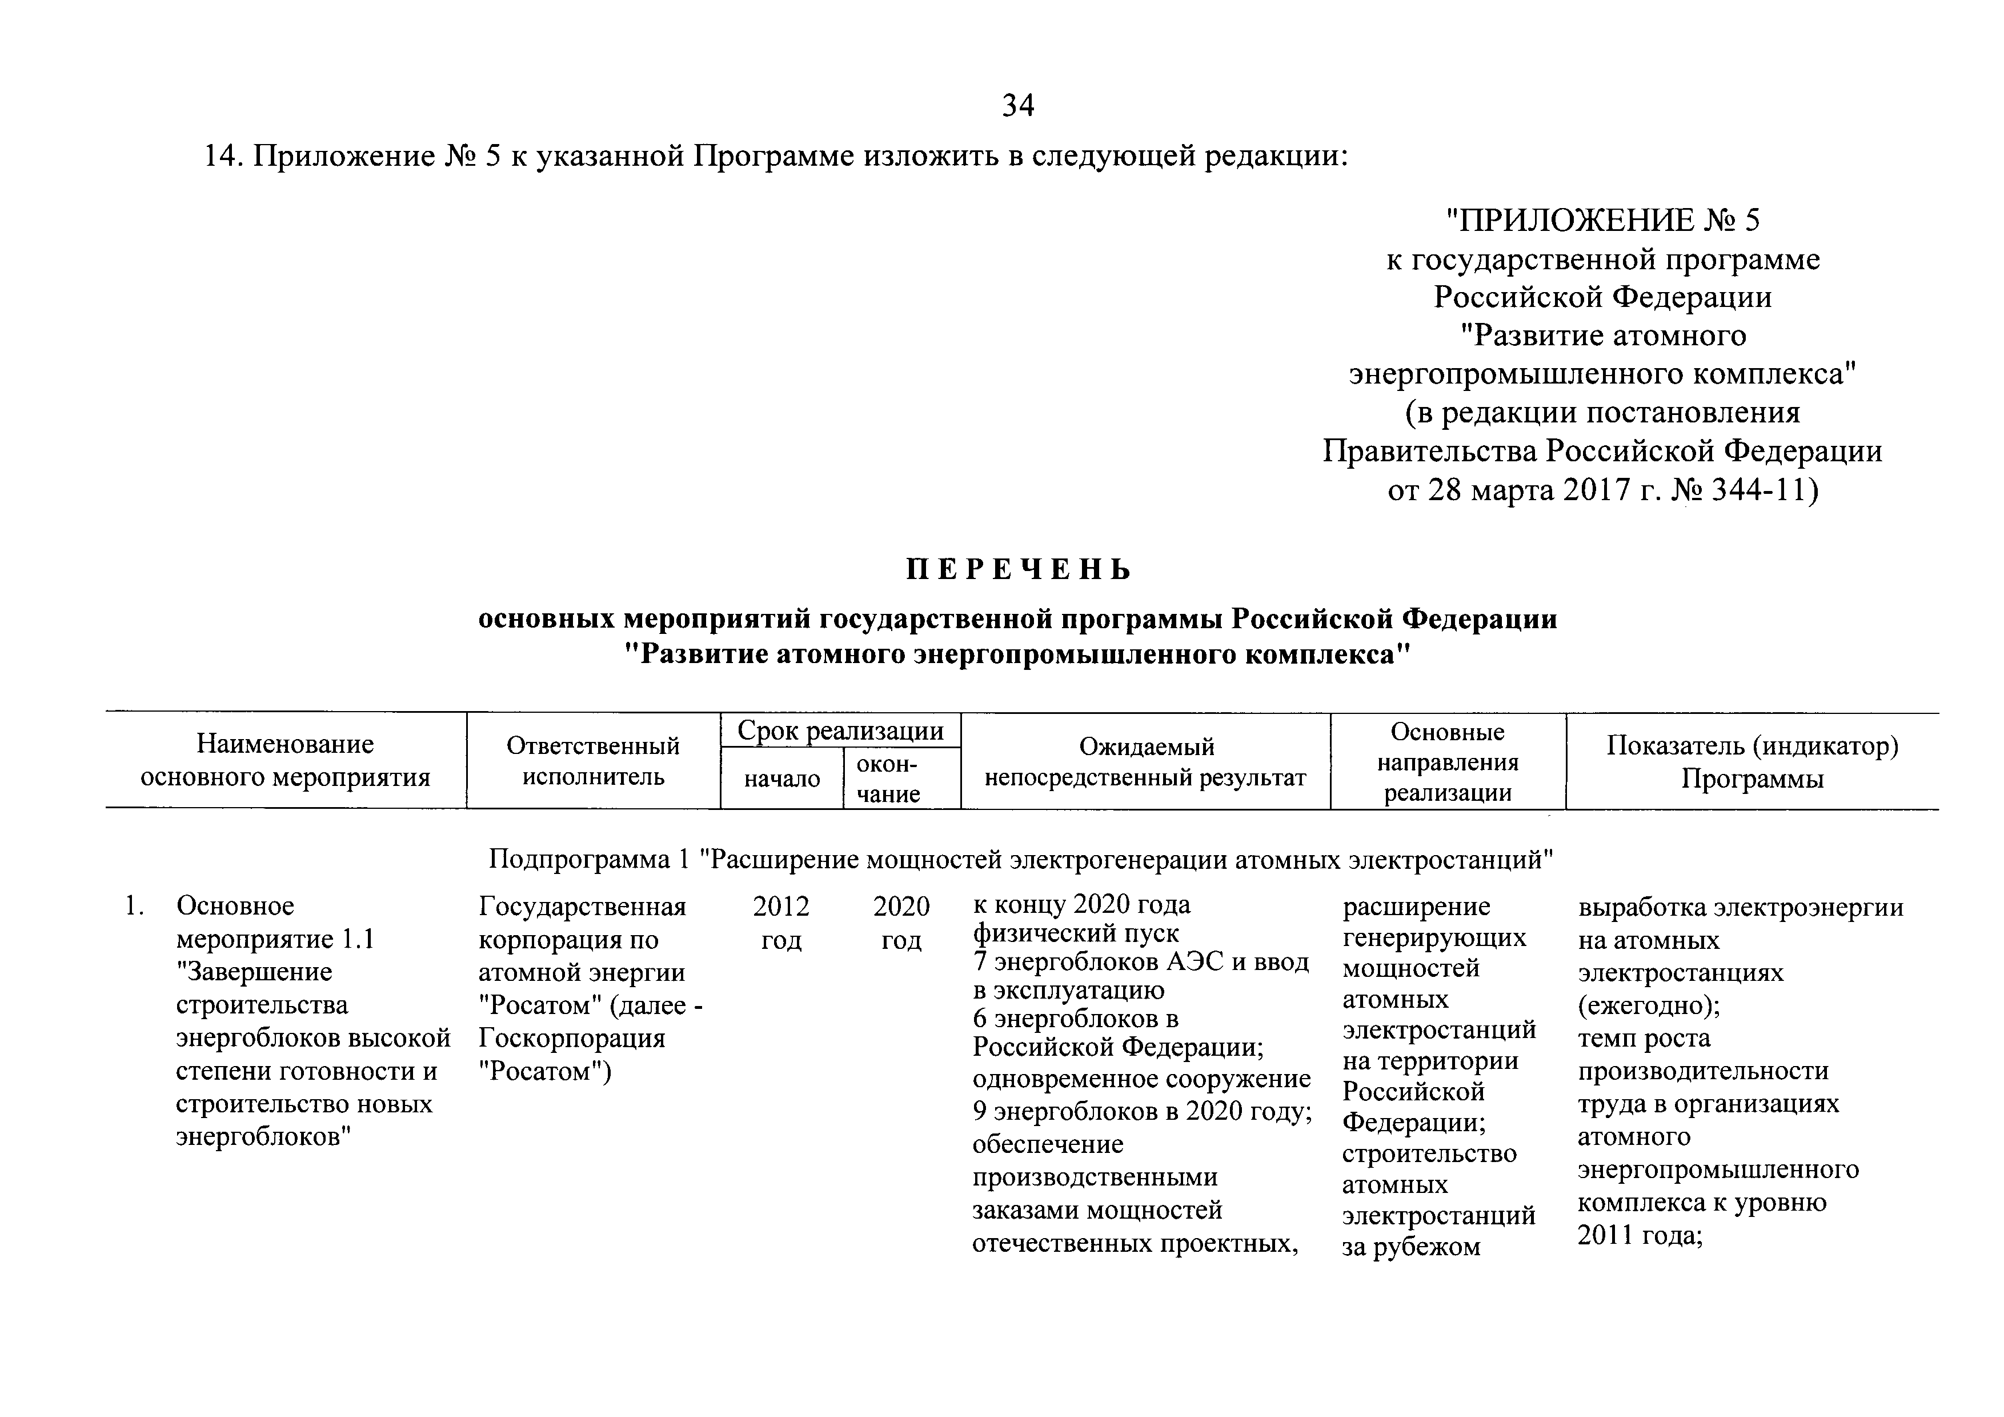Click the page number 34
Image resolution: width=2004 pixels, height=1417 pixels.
coord(1018,106)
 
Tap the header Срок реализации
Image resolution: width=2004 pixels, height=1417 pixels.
coord(840,731)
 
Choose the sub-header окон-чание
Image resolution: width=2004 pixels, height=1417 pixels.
coord(888,779)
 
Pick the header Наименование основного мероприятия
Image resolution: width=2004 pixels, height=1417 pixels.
coord(286,760)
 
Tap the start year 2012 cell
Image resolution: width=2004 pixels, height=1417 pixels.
coord(781,907)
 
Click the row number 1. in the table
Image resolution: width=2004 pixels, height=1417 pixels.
coord(134,907)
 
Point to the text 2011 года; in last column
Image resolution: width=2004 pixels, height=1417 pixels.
coord(1640,1235)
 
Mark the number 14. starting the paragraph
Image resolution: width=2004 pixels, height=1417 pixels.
coord(223,157)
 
